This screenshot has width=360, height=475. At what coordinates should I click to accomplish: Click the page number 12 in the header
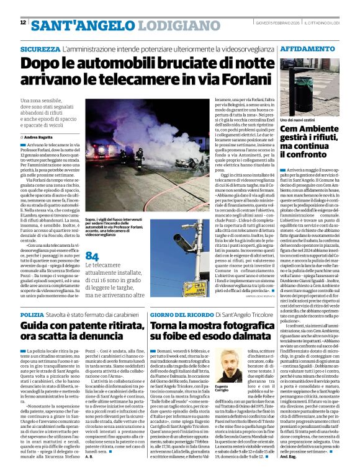tap(23, 22)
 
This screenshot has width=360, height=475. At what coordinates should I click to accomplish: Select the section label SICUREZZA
tap(40, 48)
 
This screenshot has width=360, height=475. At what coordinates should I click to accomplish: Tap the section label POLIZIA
tap(32, 316)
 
